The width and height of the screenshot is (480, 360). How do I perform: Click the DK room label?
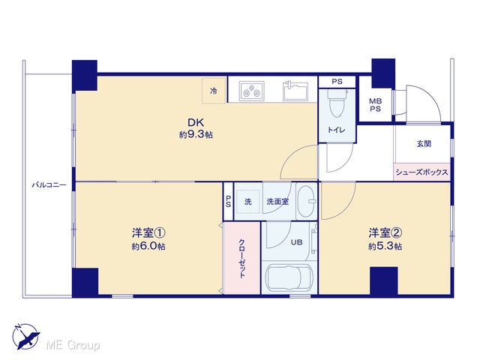[196, 122]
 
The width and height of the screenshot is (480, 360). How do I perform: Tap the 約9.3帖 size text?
[196, 134]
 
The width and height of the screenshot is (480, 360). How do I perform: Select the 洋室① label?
[148, 233]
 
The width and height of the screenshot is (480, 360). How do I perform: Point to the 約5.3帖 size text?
[385, 246]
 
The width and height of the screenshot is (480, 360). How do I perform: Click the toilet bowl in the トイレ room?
[337, 103]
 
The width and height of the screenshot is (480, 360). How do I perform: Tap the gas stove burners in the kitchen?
[252, 91]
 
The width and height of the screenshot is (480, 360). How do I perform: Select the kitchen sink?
[295, 91]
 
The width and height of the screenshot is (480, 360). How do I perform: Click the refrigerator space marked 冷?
[214, 91]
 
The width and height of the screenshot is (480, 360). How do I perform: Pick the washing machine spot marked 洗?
[248, 202]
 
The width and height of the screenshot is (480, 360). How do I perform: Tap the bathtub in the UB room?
[289, 278]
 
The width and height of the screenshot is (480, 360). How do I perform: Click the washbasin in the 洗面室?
[307, 201]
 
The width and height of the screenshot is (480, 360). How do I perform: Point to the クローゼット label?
[241, 258]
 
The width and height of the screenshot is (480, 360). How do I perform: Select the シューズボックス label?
[421, 172]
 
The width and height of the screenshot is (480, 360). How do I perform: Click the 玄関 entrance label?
[424, 143]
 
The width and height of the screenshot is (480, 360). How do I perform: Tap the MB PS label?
[375, 105]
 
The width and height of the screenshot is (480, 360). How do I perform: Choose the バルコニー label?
[49, 185]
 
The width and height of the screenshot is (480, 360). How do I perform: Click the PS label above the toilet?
[337, 82]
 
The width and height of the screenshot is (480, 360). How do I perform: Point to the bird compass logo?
[25, 337]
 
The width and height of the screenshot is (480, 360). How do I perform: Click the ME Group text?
[73, 345]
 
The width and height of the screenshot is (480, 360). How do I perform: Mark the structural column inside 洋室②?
[384, 280]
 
